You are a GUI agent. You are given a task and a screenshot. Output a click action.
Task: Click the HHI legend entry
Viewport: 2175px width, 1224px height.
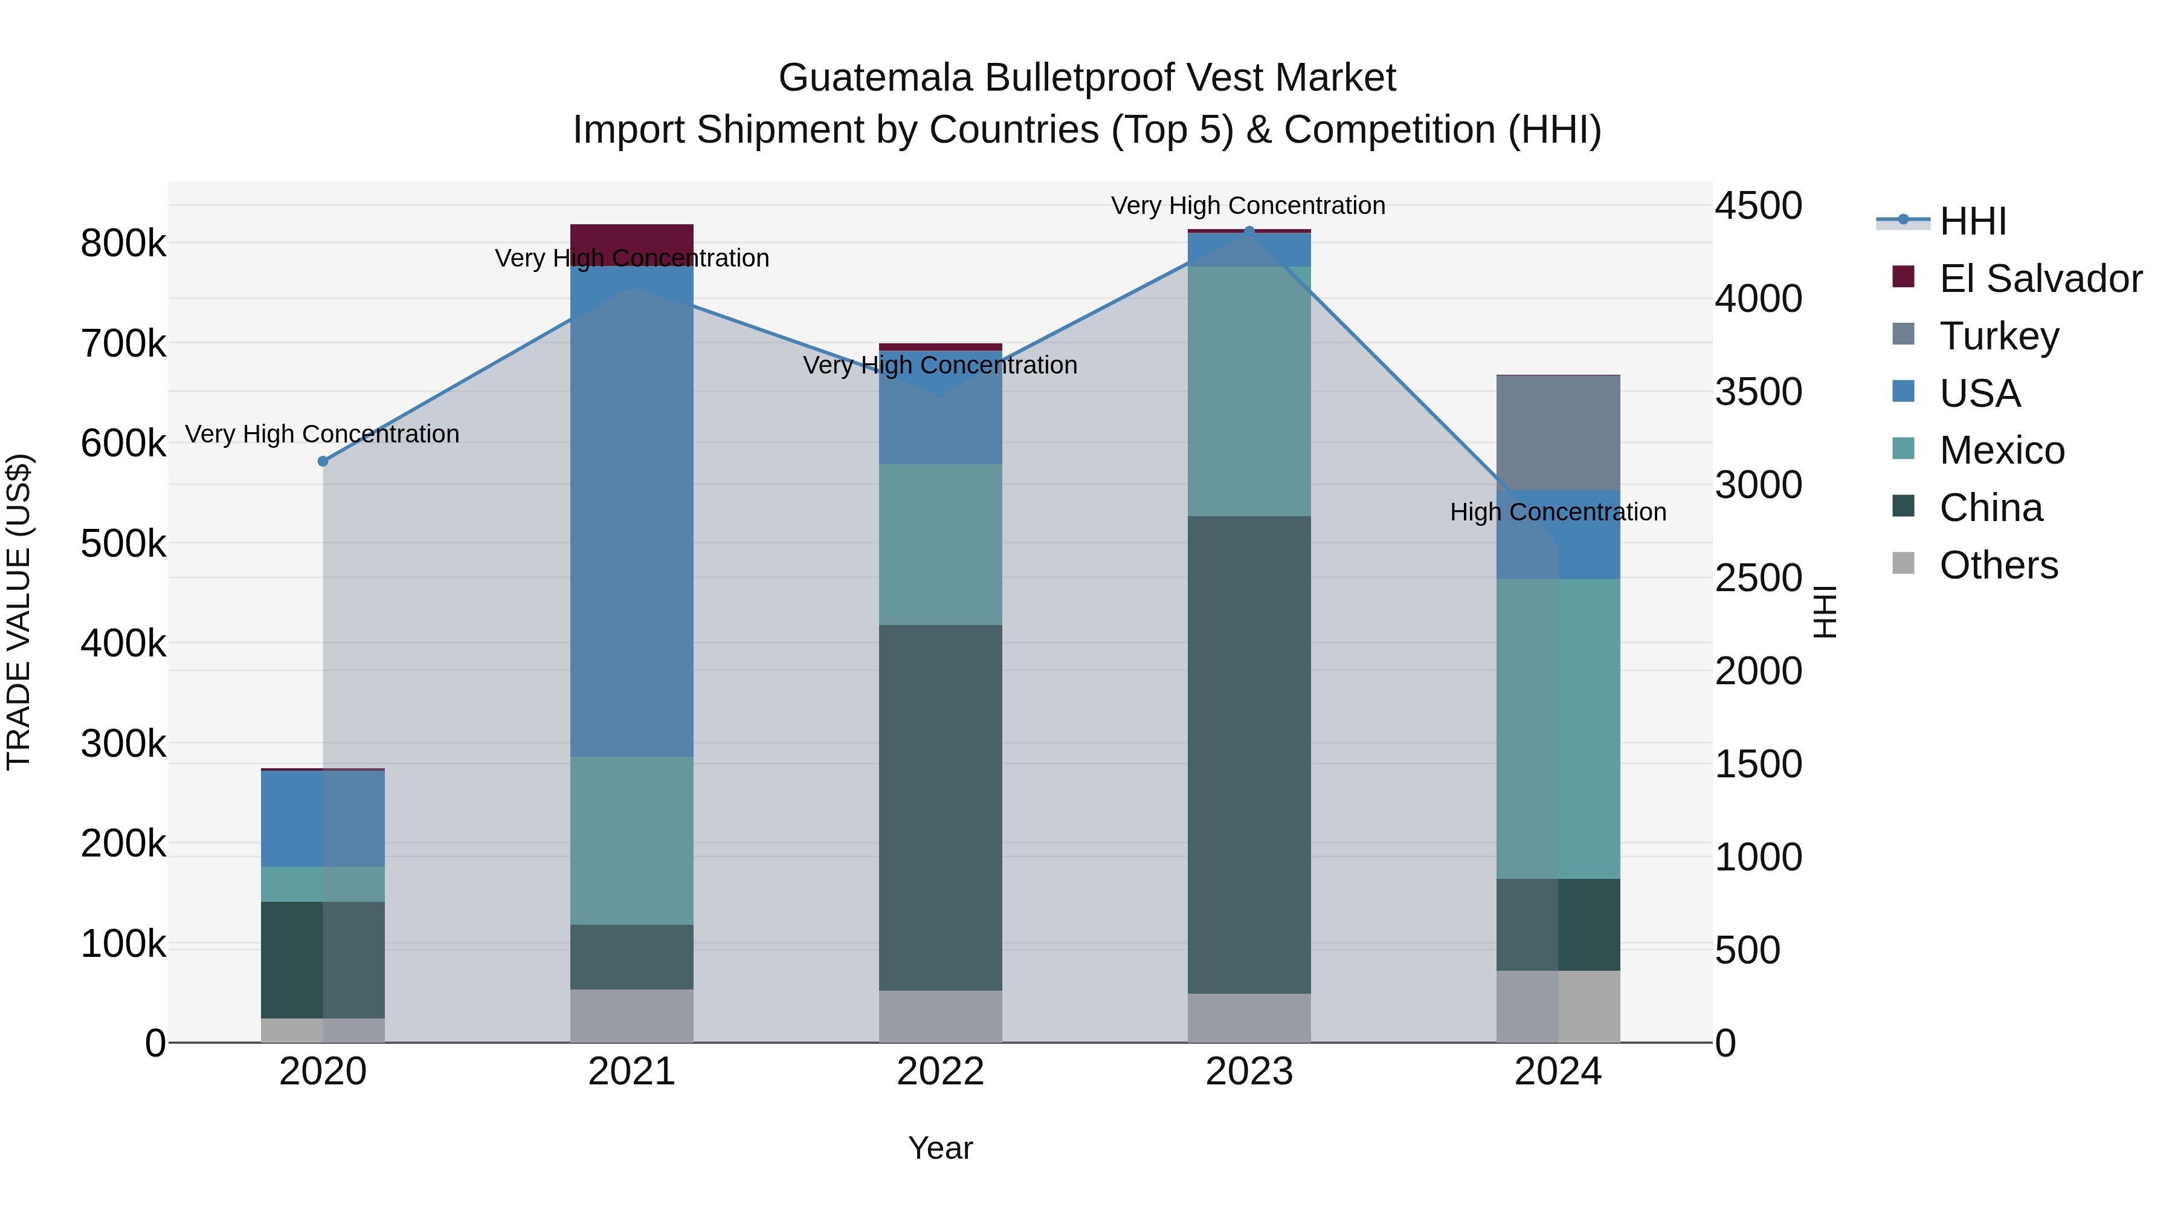[1973, 221]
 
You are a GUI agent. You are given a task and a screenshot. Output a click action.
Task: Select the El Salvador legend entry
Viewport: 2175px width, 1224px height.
[2040, 279]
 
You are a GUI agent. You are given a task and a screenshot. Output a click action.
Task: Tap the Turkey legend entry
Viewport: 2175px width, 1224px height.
[1999, 336]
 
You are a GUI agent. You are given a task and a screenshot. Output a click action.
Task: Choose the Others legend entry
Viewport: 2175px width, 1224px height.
[1998, 565]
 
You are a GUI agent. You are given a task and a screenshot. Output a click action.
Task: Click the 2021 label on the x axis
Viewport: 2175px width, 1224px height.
[631, 1072]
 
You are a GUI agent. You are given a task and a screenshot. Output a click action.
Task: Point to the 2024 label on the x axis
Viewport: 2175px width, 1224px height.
[1558, 1072]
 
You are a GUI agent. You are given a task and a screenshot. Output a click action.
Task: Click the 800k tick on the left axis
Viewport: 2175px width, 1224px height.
[123, 244]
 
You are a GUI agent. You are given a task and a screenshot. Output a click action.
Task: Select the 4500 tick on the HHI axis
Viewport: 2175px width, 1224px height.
[1759, 206]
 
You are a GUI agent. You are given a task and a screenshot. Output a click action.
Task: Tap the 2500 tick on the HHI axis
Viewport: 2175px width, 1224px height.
[1759, 578]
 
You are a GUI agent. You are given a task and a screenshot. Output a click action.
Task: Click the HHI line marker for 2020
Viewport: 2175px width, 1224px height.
[323, 461]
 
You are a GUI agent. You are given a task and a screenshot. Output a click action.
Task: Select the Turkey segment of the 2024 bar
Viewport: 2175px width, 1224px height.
[1558, 433]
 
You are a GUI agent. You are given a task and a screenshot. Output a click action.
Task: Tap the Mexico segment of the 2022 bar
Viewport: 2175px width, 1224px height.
[941, 544]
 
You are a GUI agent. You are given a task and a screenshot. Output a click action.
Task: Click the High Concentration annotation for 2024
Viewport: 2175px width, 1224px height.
[1558, 512]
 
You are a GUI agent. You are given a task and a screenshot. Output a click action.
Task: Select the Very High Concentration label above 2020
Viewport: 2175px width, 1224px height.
[323, 434]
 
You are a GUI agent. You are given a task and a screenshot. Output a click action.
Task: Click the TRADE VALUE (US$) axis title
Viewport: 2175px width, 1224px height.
[19, 612]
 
